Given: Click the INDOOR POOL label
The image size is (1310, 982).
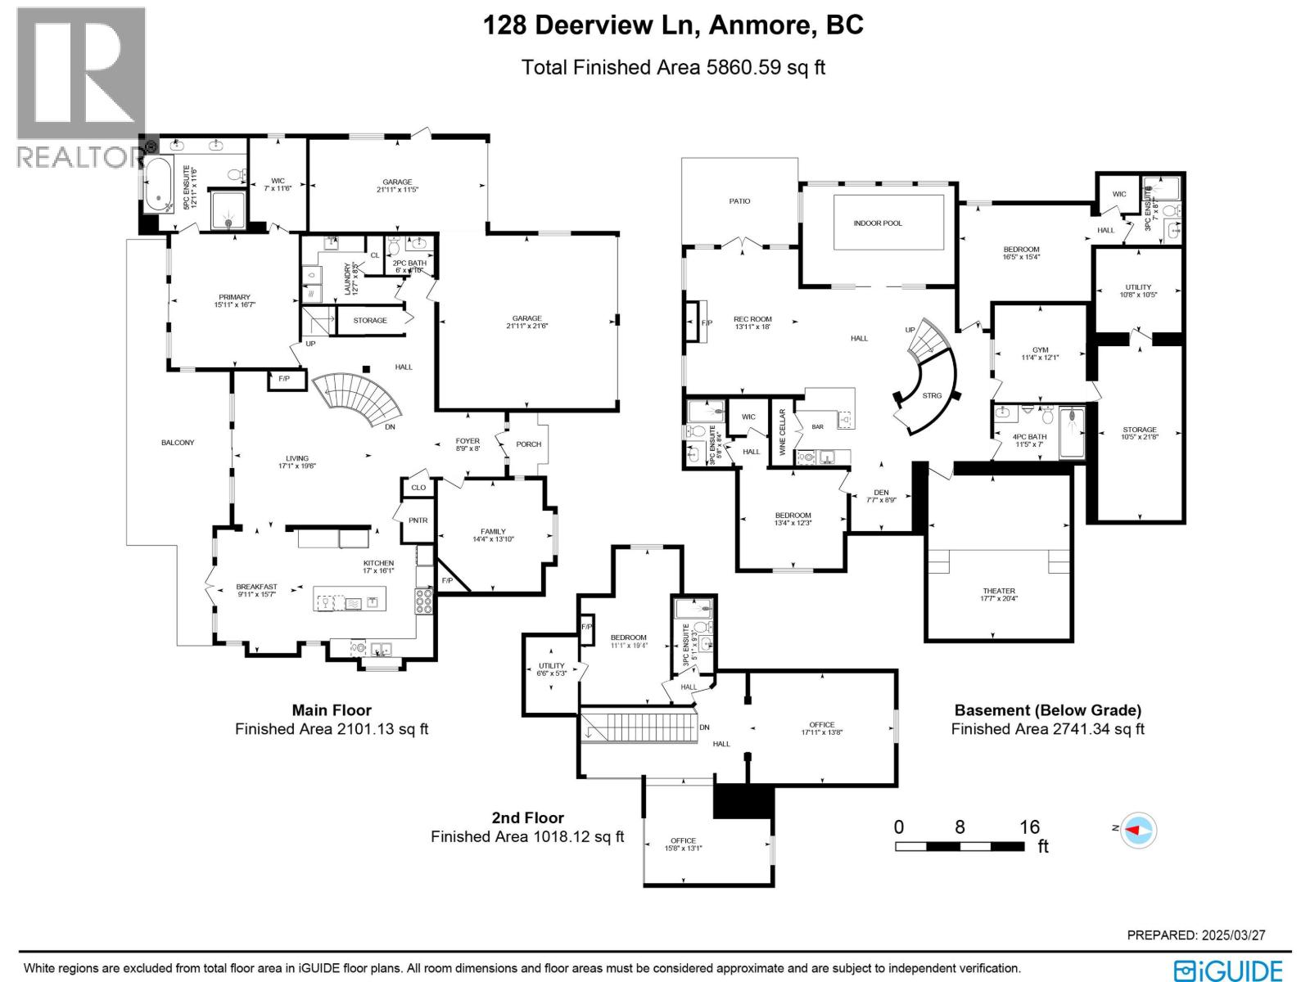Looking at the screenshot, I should (878, 223).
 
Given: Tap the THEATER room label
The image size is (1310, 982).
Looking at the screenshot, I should (999, 591).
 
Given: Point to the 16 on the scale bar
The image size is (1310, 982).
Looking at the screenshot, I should (1029, 827).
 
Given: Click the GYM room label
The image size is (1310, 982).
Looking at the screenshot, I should (1040, 349).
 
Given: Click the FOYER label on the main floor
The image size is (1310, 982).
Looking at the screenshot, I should (468, 441).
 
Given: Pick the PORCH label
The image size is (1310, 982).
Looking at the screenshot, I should (529, 444).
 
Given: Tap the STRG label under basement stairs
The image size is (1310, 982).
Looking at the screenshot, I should (932, 395).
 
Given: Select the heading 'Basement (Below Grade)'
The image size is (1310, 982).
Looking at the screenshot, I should (1047, 710).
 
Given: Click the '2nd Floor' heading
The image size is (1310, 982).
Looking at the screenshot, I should (527, 818).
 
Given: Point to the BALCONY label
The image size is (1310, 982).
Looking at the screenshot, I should (178, 443).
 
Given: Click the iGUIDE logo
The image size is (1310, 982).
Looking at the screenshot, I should (1227, 970).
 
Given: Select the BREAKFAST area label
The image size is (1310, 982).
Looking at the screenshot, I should (256, 587).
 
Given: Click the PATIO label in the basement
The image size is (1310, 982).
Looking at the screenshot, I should (739, 201).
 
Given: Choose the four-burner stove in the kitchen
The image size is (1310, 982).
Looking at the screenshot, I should (424, 601).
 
